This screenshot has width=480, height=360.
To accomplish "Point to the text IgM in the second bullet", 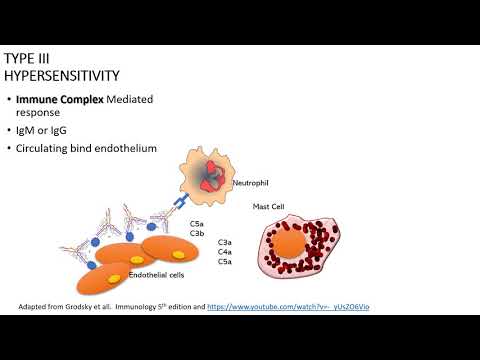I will (x=41, y=133).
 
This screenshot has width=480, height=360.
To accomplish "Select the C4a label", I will (x=226, y=252).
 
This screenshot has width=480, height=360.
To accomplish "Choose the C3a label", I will (x=226, y=242).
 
